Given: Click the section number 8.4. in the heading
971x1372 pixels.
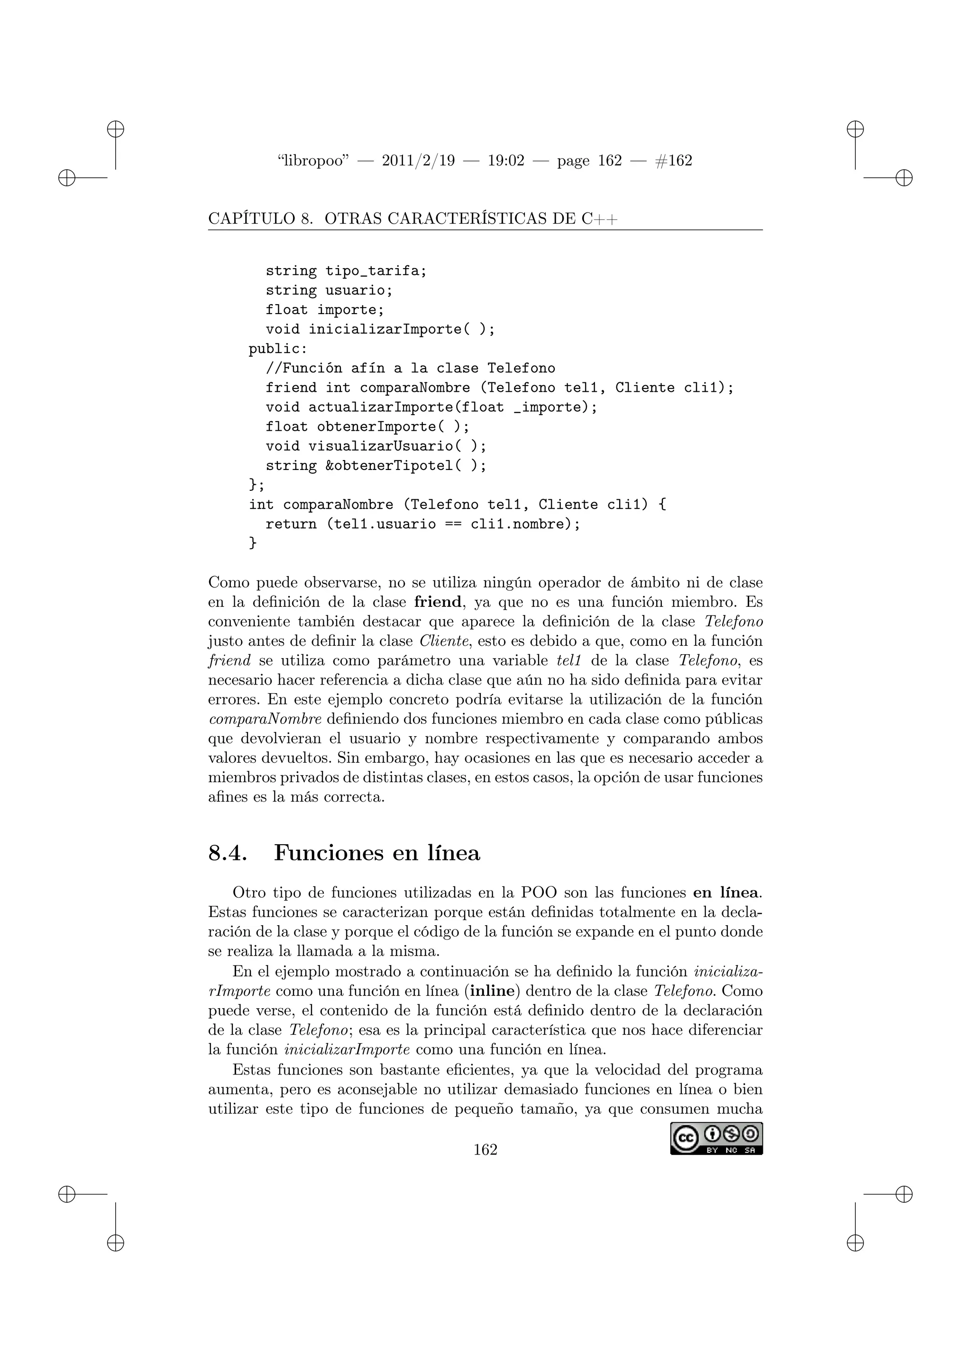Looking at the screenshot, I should point(227,853).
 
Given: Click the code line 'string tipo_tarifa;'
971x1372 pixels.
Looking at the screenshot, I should point(346,271).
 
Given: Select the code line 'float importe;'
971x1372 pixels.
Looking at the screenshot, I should point(325,310).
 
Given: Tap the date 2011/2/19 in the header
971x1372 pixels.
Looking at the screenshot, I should point(418,161).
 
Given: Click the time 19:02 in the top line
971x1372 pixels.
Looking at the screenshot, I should point(506,161).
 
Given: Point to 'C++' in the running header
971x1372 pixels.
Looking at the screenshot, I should point(599,219).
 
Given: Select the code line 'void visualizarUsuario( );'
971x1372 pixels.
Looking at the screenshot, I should point(376,446).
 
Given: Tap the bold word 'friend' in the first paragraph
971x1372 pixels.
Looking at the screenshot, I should point(438,601).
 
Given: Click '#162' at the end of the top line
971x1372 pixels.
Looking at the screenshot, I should point(673,161).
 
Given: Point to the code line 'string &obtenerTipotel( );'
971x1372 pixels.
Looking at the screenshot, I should point(376,466).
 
